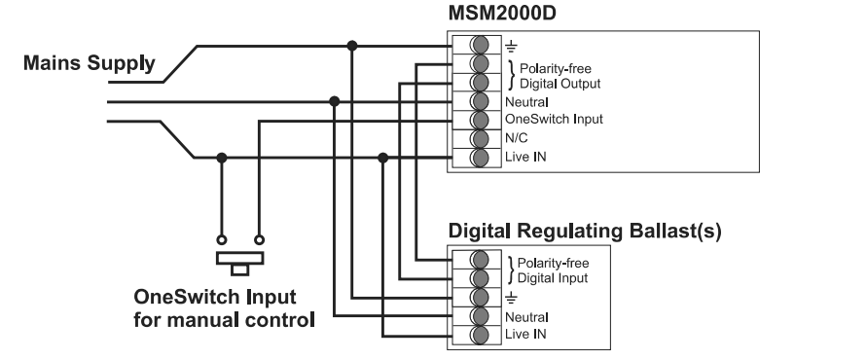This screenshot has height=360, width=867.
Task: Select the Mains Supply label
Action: [x=90, y=64]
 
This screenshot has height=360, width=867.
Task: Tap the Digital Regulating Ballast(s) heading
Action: [x=584, y=233]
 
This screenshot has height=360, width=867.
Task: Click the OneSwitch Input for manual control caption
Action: [x=224, y=306]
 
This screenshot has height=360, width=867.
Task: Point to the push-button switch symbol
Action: [x=239, y=260]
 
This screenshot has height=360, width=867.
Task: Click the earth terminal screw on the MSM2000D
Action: [x=478, y=45]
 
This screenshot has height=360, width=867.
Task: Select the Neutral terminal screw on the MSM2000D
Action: [x=478, y=101]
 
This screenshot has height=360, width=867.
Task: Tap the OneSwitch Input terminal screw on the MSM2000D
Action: [x=478, y=120]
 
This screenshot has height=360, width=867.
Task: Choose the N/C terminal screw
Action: [x=478, y=138]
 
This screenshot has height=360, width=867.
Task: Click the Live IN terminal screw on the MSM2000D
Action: [x=478, y=157]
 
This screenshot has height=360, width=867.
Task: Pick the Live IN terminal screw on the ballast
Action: [x=478, y=334]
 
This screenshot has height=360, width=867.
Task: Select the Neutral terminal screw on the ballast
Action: [x=478, y=315]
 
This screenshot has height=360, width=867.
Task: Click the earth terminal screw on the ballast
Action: [x=478, y=297]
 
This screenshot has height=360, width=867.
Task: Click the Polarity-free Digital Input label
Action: [x=553, y=270]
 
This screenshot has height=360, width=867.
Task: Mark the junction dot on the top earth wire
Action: [x=352, y=45]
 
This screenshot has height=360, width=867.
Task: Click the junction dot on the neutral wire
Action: [x=335, y=101]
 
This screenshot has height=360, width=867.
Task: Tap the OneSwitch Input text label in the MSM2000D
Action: [x=554, y=120]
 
